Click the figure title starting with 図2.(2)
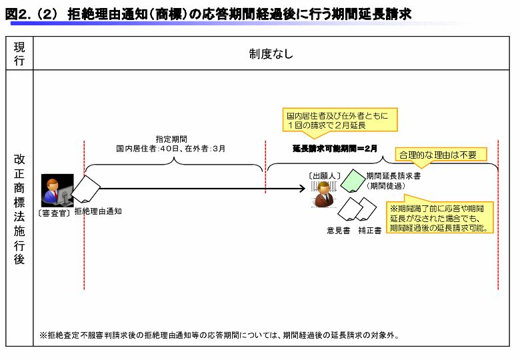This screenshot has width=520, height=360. click(x=207, y=13)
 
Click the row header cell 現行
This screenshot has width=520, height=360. click(x=19, y=53)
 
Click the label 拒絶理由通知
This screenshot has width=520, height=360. click(x=98, y=211)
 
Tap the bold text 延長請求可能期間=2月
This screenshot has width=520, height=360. click(x=335, y=149)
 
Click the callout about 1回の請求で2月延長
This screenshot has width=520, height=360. click(x=340, y=119)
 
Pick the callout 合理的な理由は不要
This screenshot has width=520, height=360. click(x=439, y=155)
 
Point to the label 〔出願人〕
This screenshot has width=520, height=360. click(x=325, y=175)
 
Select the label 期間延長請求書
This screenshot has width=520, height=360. click(x=393, y=176)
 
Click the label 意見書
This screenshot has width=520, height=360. click(x=338, y=231)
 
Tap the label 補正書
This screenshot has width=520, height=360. click(x=369, y=231)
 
